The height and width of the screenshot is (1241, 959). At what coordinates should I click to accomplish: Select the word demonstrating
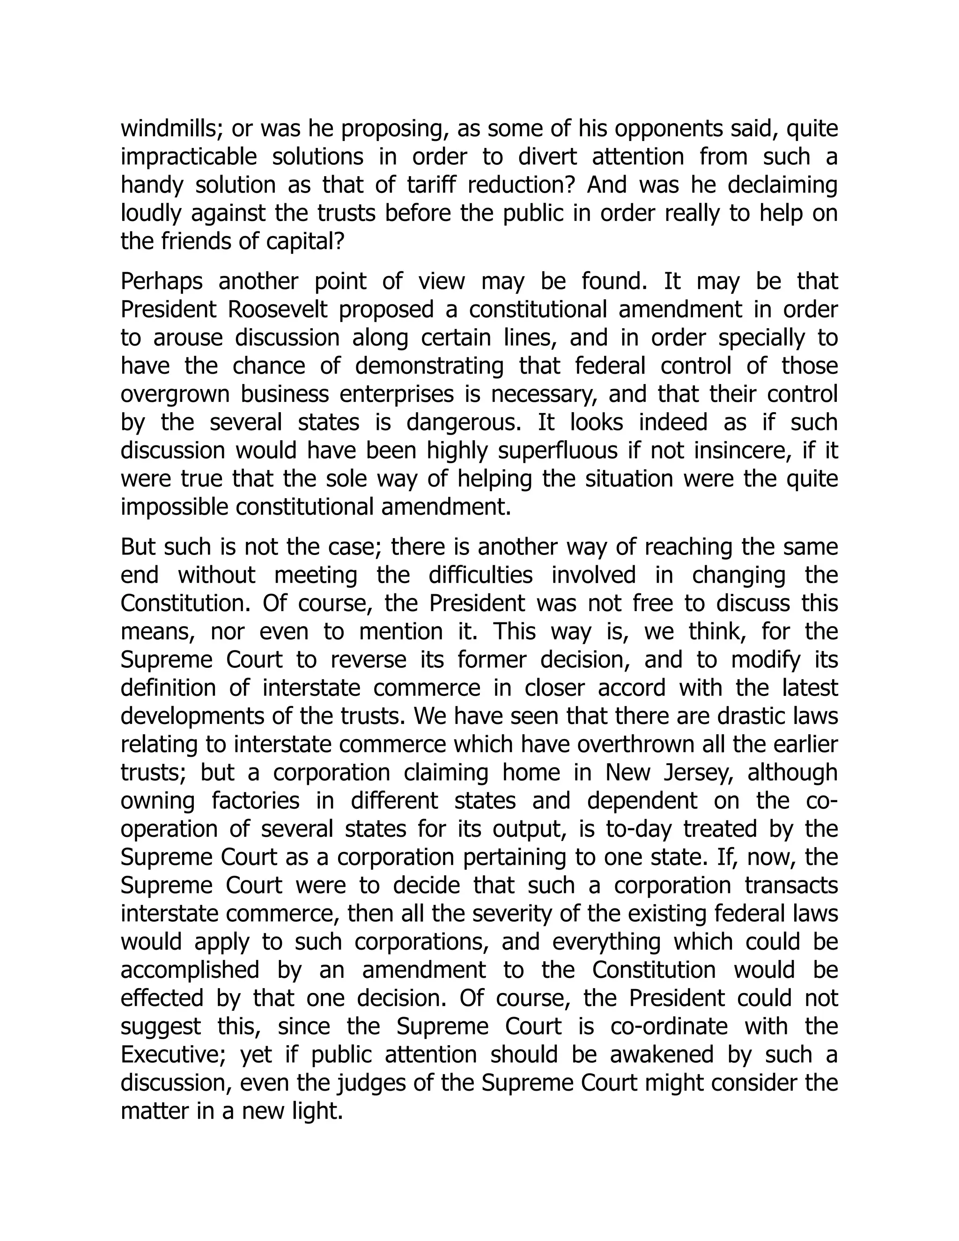pos(429,366)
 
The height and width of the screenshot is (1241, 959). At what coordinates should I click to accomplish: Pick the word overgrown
pos(172,394)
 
